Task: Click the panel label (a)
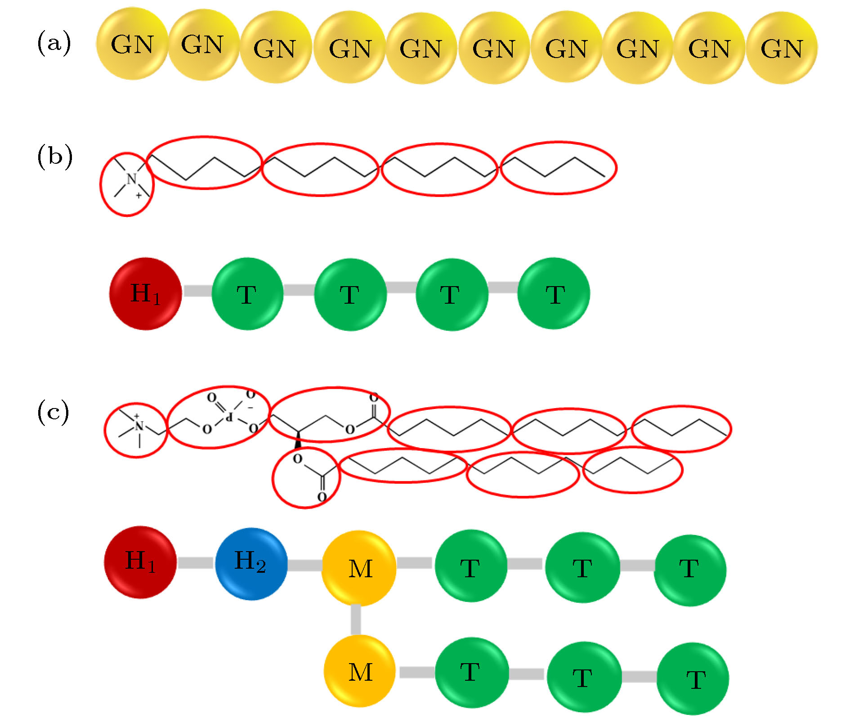(x=54, y=43)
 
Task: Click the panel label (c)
(x=53, y=412)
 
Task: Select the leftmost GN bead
(x=132, y=44)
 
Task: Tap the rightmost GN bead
(x=782, y=48)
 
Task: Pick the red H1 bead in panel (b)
(x=145, y=293)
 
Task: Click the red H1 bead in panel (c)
(x=140, y=562)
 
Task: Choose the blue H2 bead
(x=251, y=564)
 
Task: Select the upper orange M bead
(x=359, y=568)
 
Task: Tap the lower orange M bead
(x=359, y=671)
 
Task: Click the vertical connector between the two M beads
(x=356, y=620)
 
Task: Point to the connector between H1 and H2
(x=195, y=563)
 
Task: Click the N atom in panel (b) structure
(x=131, y=179)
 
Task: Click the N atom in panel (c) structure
(x=139, y=426)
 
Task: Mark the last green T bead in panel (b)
(x=554, y=293)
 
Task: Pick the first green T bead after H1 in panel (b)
(x=247, y=294)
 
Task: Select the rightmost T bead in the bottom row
(x=693, y=678)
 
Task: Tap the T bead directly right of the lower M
(x=472, y=673)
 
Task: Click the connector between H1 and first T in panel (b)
(x=197, y=291)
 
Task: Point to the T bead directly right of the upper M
(x=471, y=566)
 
